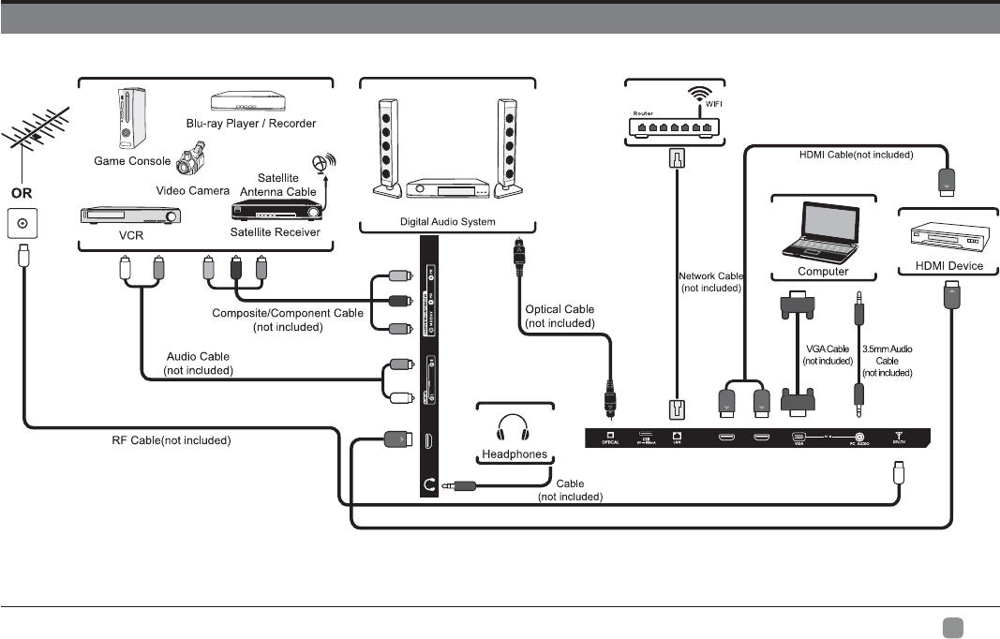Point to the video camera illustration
click(190, 158)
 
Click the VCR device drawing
click(130, 217)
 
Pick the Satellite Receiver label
click(276, 232)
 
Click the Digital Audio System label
click(447, 222)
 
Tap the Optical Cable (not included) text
click(560, 316)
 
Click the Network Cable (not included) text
click(709, 281)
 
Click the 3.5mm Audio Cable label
click(887, 361)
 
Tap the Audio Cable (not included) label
click(198, 363)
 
